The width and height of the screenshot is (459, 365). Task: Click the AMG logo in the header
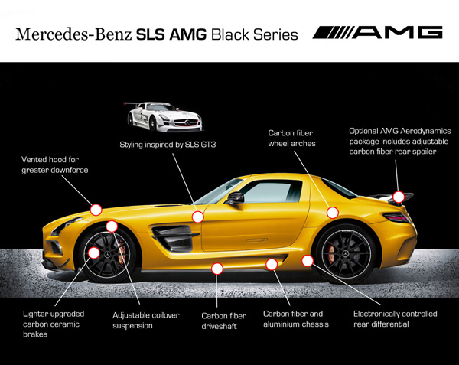coord(378,33)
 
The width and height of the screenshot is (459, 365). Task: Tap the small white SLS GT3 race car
coord(164,116)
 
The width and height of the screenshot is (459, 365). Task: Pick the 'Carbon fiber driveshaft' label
coord(223,320)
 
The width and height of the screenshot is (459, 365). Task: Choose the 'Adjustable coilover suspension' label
coord(143,320)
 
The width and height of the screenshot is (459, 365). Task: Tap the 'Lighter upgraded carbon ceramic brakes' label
coord(50,324)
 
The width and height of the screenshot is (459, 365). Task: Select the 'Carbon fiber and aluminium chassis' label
coord(296,318)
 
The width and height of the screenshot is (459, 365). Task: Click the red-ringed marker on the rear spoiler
coord(399,197)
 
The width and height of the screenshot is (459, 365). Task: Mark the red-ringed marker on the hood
coord(96,208)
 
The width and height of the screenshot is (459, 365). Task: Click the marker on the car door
coord(198,217)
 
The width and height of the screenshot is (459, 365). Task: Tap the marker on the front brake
coord(94,253)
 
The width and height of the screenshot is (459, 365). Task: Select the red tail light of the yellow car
coord(396,218)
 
